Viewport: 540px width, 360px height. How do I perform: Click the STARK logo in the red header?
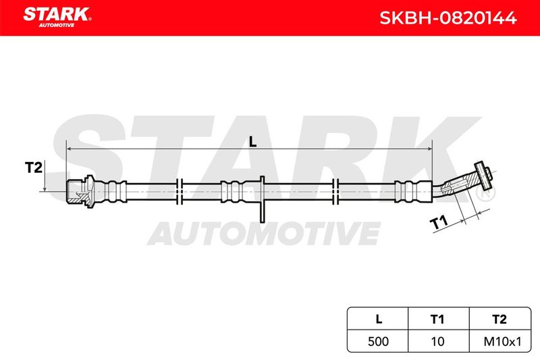(57, 18)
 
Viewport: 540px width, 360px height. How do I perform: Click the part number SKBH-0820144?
(448, 18)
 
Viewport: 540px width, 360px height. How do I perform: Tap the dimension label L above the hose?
(253, 141)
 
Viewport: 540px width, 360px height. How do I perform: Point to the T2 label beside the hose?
(33, 168)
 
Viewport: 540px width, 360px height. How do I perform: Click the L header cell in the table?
(378, 319)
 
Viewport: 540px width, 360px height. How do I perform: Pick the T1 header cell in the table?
(438, 319)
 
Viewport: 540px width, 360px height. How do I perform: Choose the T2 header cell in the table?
(500, 319)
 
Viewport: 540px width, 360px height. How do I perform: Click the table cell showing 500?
(378, 341)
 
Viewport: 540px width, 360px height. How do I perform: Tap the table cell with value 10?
(438, 341)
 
